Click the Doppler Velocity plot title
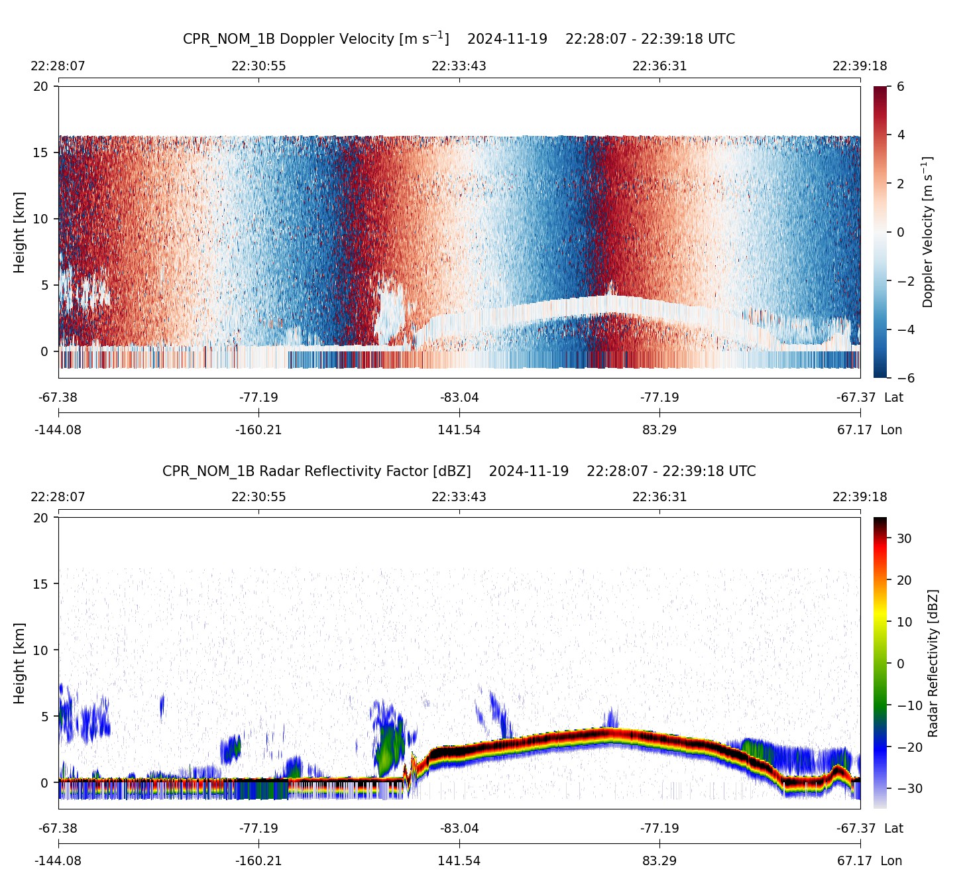coord(459,39)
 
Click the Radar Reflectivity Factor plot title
coord(459,471)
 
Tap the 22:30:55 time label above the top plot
coord(258,66)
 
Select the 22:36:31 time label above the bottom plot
coord(659,497)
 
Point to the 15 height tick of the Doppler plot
coord(41,152)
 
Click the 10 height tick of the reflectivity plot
coord(41,650)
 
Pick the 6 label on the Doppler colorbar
coord(901,87)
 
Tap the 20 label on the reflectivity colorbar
coord(904,580)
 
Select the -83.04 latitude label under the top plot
coord(459,398)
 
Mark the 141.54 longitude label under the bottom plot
coord(459,861)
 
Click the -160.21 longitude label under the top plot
coord(258,430)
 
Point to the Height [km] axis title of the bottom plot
coord(19,663)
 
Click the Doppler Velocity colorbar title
coord(928,232)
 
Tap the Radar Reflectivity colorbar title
coord(933,663)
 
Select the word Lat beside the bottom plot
coord(893,829)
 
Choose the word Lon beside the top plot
coord(891,430)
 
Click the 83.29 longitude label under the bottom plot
coord(659,861)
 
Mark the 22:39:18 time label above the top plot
coord(860,66)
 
